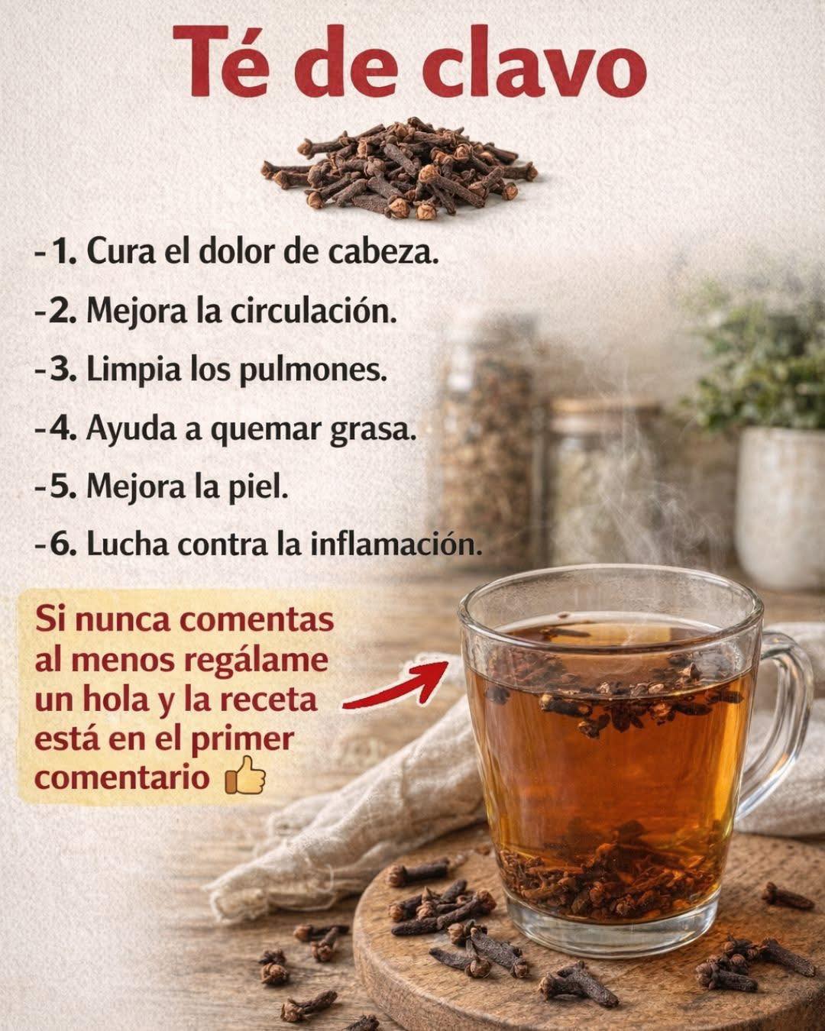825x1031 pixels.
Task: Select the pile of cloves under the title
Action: [400, 169]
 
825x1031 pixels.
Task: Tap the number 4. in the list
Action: [63, 429]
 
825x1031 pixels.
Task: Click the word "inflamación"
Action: [396, 546]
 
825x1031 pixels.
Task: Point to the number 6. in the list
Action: [64, 546]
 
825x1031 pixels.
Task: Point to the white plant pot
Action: [780, 507]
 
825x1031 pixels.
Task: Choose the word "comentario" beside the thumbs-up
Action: [122, 777]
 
